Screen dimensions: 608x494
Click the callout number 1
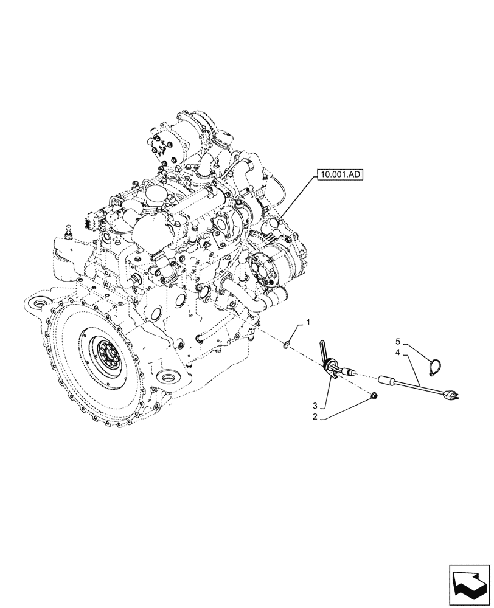(x=308, y=323)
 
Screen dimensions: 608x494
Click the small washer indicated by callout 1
(x=287, y=347)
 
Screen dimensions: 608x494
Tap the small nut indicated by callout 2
(x=374, y=396)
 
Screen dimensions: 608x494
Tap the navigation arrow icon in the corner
(x=468, y=582)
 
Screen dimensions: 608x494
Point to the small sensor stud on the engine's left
(x=67, y=232)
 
